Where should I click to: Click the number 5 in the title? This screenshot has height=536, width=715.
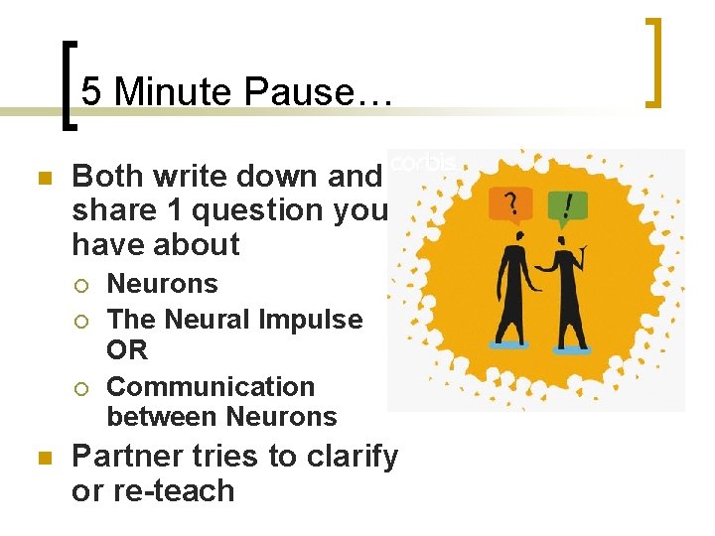tap(91, 92)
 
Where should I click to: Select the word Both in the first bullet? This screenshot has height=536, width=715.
tap(105, 177)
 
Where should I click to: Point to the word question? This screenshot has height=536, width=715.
tap(261, 210)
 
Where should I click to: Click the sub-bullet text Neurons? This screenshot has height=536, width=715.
tap(162, 284)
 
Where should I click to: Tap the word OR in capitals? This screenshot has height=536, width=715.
tap(127, 349)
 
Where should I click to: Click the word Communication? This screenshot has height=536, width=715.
tap(211, 386)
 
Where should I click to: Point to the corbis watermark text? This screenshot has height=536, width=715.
tap(423, 162)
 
